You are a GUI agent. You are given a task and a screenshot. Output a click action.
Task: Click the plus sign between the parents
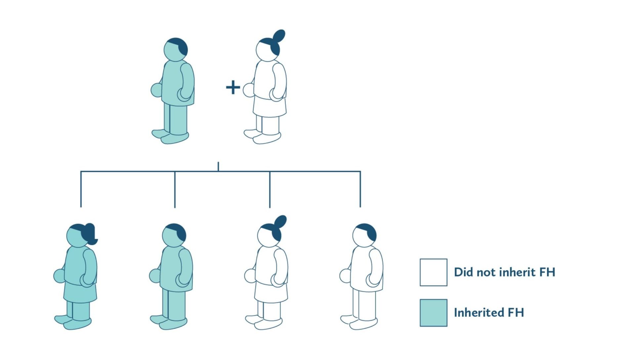[x=233, y=87]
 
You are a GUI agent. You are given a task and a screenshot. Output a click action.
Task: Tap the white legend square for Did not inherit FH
[x=433, y=272]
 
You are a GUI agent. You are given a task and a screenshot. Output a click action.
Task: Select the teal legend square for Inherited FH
[x=433, y=313]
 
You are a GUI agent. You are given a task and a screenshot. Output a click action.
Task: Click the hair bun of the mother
[x=279, y=35]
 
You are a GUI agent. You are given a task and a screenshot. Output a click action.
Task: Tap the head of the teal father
[x=175, y=50]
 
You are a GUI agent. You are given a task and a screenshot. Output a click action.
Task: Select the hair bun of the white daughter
[x=281, y=221]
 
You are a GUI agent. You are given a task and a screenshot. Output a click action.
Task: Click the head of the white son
[x=364, y=235]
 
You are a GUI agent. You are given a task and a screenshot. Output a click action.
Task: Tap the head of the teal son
[x=174, y=235]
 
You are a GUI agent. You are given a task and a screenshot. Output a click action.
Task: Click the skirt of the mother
[x=270, y=107]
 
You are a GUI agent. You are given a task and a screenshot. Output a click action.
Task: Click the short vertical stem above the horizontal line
[x=218, y=166]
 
